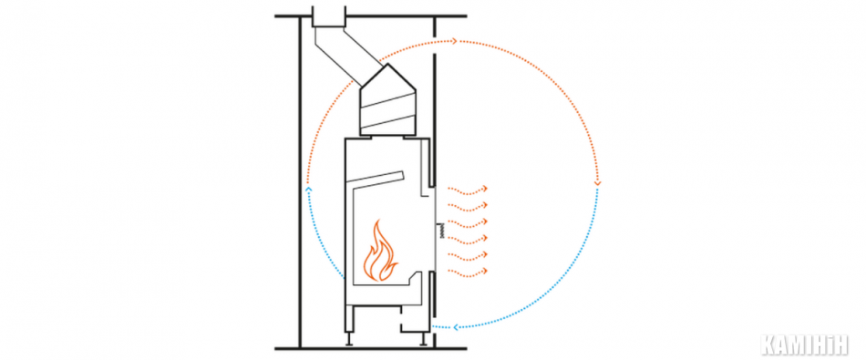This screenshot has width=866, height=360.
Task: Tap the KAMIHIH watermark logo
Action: (804, 345)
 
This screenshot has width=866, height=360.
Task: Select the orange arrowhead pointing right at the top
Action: (454, 41)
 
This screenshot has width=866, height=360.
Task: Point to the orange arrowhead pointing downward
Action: (598, 183)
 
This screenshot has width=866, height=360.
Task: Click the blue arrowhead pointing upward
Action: (308, 190)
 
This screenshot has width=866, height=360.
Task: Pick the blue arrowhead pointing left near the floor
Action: (456, 327)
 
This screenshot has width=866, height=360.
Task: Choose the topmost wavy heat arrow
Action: (468, 190)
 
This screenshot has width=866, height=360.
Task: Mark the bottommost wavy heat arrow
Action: (468, 273)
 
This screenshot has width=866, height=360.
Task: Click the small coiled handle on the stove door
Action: (442, 231)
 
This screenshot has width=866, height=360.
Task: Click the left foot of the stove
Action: (349, 338)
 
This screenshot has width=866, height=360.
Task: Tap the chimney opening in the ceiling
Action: (328, 16)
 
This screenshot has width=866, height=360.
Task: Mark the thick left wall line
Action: (300, 182)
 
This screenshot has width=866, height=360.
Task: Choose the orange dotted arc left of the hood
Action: (325, 121)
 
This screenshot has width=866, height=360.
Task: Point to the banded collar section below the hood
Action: (387, 113)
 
